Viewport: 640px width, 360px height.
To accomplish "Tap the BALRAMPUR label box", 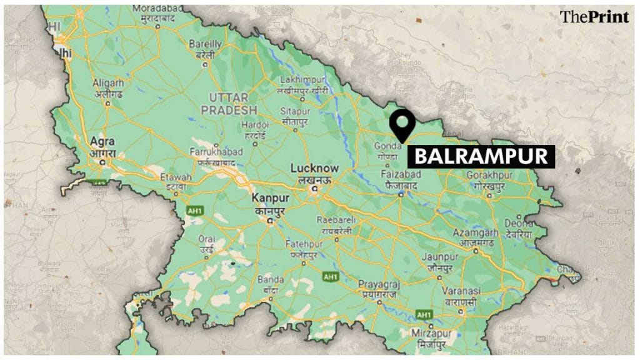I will click(481, 156).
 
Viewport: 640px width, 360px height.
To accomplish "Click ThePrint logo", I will click(593, 17).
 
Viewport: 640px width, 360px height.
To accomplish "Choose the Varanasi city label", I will click(461, 291).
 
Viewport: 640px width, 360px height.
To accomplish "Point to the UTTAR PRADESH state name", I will click(224, 103).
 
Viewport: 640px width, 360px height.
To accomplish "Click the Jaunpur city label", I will click(436, 257).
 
